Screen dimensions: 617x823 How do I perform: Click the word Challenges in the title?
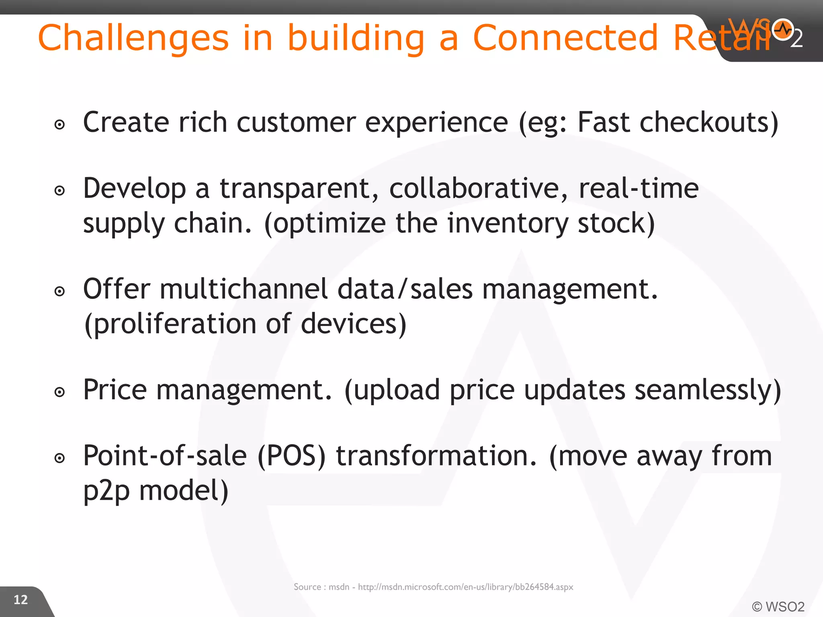coord(133,38)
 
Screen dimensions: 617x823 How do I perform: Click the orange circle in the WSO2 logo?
coord(782,29)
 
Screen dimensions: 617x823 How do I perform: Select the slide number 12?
coord(20,600)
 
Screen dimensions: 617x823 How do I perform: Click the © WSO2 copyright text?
coord(778,607)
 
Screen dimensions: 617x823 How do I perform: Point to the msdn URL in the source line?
coord(465,587)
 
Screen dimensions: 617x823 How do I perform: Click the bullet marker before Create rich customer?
coord(59,125)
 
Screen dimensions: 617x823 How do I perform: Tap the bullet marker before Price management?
coord(59,392)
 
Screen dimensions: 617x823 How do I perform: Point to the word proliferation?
coord(170,324)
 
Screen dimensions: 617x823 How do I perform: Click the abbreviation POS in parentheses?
coord(292,456)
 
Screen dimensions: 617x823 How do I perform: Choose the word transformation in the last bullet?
coord(436,456)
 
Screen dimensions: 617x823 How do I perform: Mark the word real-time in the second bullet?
coord(639,188)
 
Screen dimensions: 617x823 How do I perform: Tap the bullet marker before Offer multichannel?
coord(59,291)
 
